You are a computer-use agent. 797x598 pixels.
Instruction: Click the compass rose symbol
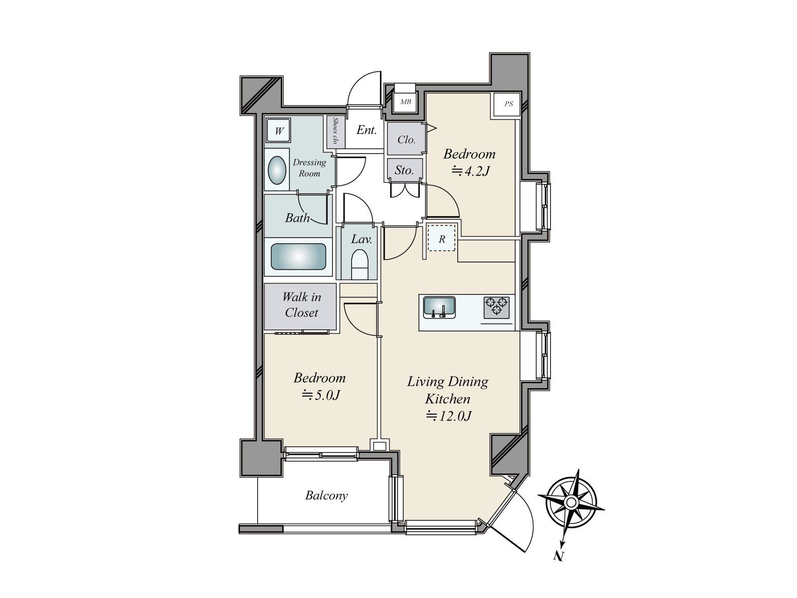[x=571, y=503]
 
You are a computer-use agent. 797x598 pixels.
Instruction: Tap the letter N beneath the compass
[x=559, y=556]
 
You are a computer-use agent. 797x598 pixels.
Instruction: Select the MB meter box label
[x=405, y=102]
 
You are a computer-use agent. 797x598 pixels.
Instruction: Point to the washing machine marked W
[x=279, y=131]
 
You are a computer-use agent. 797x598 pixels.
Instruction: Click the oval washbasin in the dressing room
[x=276, y=170]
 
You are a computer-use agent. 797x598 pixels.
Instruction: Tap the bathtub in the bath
[x=298, y=256]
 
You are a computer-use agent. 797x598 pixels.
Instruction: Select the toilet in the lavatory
[x=360, y=264]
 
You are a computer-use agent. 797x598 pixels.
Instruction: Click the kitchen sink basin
[x=439, y=307]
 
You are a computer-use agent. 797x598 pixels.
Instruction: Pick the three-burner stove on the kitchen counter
[x=496, y=307]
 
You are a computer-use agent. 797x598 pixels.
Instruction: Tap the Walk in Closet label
[x=302, y=305]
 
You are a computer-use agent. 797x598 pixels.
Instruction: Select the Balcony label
[x=326, y=496]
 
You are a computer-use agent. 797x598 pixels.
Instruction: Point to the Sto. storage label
[x=404, y=170]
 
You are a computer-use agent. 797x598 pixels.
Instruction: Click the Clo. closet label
[x=406, y=140]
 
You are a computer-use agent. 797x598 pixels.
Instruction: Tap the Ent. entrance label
[x=366, y=130]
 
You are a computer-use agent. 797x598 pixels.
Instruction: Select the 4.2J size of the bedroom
[x=471, y=171]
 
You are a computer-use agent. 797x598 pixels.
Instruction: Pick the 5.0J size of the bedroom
[x=321, y=395]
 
